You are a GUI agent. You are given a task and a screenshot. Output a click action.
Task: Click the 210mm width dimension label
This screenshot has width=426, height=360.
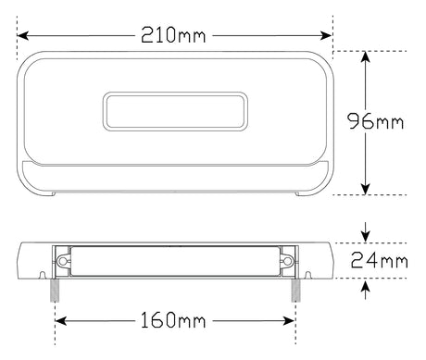pyautogui.click(x=173, y=34)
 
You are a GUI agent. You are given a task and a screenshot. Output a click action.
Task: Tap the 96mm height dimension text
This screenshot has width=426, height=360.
pyautogui.click(x=376, y=121)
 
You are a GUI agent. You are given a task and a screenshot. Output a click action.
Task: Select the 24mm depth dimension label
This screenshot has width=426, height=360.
pyautogui.click(x=379, y=260)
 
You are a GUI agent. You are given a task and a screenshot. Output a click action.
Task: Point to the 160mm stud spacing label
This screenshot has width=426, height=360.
pyautogui.click(x=173, y=320)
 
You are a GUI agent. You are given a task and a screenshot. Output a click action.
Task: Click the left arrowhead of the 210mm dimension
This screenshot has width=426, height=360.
pyautogui.click(x=23, y=35)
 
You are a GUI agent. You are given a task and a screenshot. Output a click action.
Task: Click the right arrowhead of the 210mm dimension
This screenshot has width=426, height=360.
pyautogui.click(x=326, y=35)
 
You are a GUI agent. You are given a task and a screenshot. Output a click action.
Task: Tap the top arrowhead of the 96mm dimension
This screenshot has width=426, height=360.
pyautogui.click(x=366, y=57)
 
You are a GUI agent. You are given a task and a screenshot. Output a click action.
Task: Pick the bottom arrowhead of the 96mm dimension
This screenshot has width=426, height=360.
pyautogui.click(x=366, y=189)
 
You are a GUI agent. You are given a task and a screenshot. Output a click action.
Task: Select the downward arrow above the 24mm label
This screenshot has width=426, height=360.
pyautogui.click(x=366, y=232)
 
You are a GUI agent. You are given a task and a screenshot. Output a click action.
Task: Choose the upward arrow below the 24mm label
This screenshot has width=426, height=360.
pyautogui.click(x=366, y=289)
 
